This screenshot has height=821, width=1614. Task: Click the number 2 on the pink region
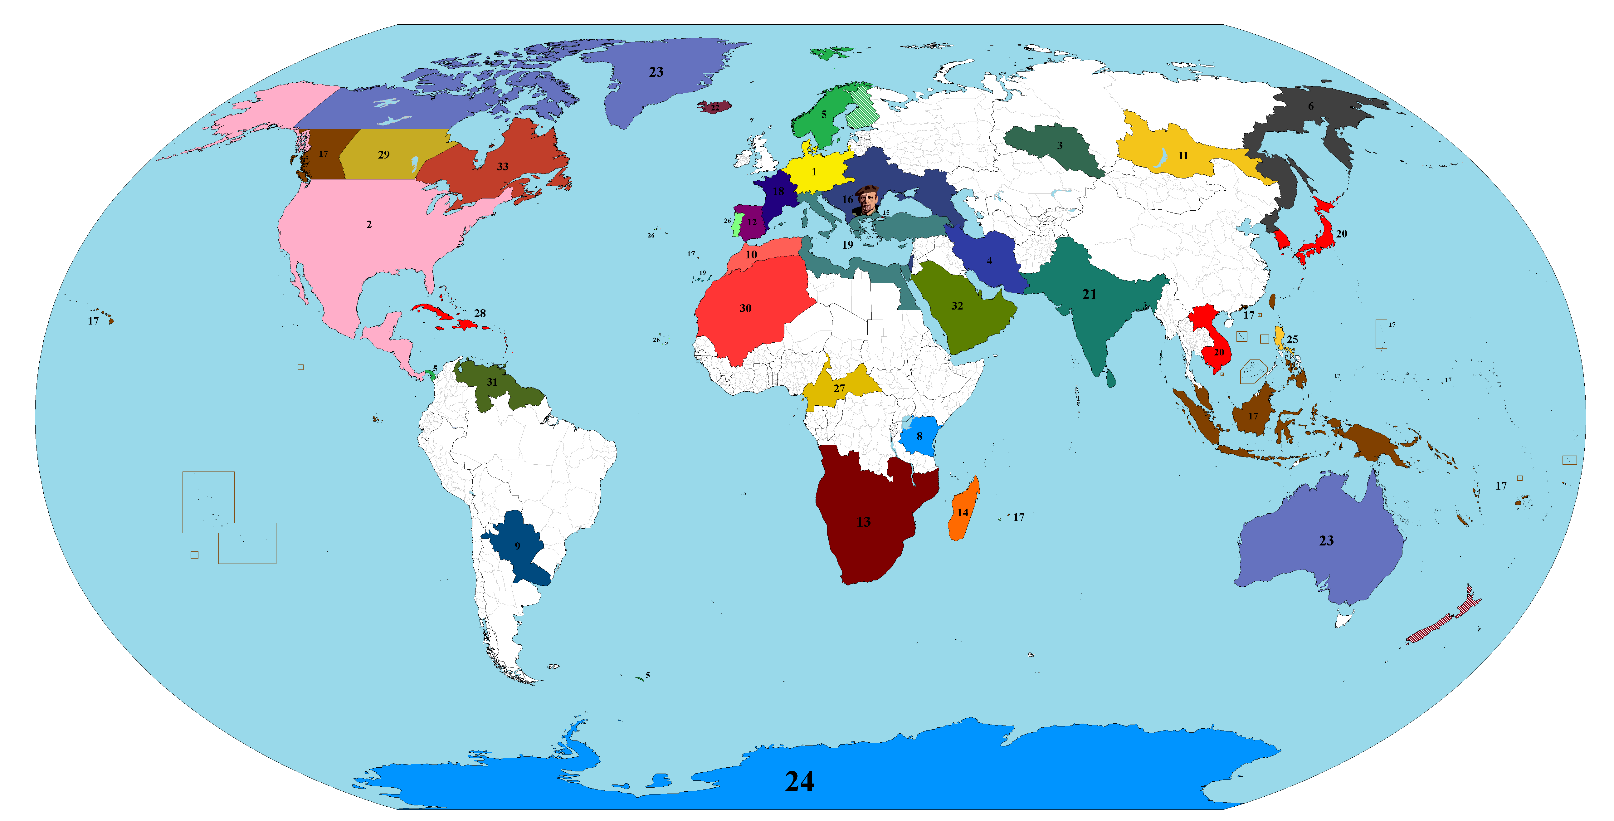(x=369, y=224)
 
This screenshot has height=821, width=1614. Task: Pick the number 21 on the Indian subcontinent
(x=1089, y=294)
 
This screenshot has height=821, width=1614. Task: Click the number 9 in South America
(x=517, y=546)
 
